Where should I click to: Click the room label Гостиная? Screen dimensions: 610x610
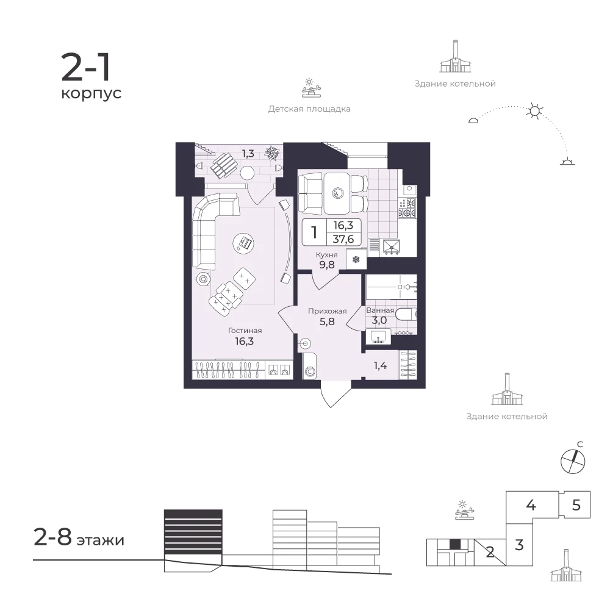[x=245, y=331]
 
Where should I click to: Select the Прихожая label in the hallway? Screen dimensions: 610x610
[x=327, y=311]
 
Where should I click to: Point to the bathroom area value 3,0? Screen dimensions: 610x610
[x=379, y=321]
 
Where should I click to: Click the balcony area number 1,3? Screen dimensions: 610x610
[x=248, y=154]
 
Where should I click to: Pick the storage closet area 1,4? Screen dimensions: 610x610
[x=380, y=365]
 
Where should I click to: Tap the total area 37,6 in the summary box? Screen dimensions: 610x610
[x=343, y=239]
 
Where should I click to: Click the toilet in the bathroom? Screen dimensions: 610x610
[x=406, y=314]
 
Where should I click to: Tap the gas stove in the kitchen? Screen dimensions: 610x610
[x=407, y=208]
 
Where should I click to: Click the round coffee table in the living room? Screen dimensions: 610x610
[x=244, y=243]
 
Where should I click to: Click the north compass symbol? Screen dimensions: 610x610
[x=573, y=461]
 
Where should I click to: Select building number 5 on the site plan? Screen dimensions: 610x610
[x=576, y=505]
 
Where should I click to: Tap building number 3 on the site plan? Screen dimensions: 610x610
[x=519, y=545]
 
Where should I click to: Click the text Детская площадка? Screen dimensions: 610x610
[x=309, y=109]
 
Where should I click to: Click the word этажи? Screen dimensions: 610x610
[x=101, y=540]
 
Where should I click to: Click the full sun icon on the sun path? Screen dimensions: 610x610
[x=534, y=111]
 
